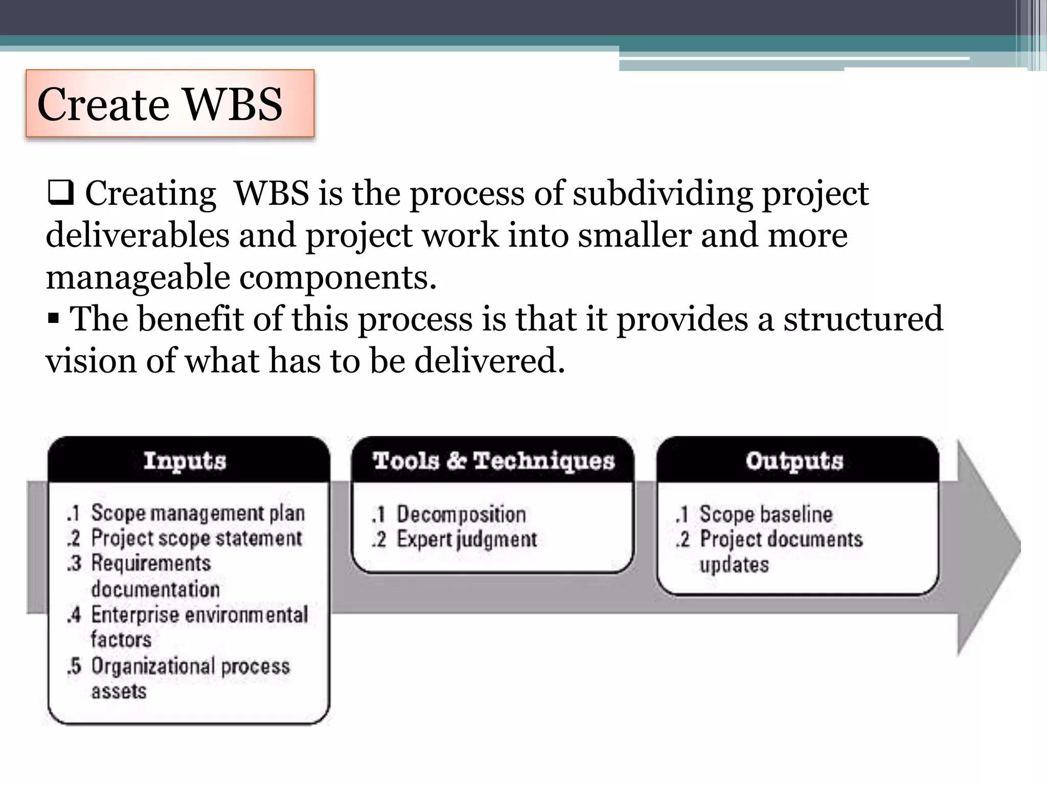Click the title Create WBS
[160, 104]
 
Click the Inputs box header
[185, 461]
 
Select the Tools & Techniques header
[493, 461]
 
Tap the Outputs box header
[794, 461]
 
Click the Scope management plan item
[197, 513]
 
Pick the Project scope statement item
[196, 538]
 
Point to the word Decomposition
[461, 514]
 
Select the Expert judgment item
[466, 540]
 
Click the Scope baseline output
[765, 514]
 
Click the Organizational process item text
[190, 666]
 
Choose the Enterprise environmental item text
[199, 615]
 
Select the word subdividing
[663, 194]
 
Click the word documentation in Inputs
[155, 590]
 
